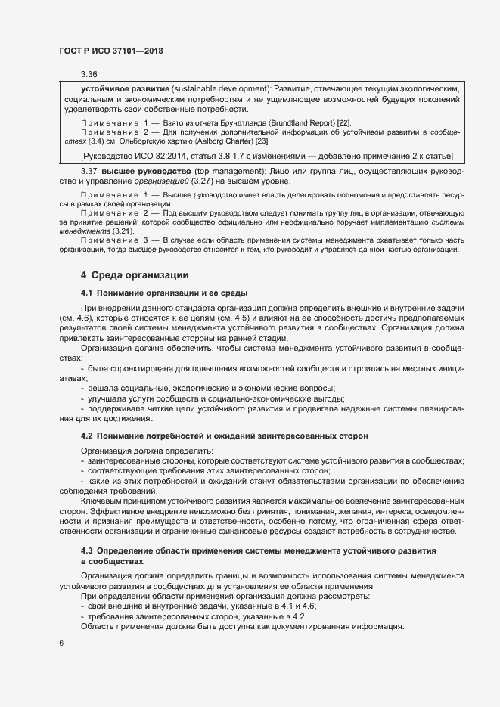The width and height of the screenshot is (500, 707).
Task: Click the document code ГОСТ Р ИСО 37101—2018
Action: (110, 50)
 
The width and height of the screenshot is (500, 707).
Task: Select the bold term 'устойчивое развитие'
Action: (125, 88)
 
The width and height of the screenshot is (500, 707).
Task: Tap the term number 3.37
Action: (89, 171)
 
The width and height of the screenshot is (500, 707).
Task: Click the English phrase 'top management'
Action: (232, 171)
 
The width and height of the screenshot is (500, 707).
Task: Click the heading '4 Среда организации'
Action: (131, 274)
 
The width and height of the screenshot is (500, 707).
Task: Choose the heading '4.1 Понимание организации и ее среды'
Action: (164, 292)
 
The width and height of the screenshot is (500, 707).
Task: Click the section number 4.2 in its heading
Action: (86, 436)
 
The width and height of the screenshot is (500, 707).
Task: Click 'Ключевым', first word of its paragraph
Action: (101, 501)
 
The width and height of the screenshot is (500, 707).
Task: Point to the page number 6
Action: (61, 643)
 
